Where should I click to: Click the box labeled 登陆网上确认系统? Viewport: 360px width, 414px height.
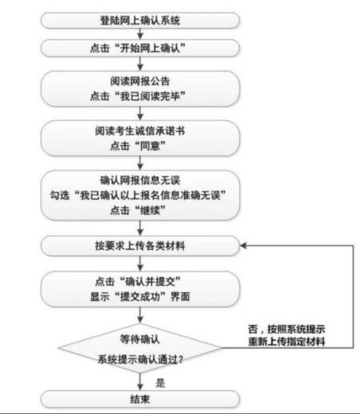(x=140, y=20)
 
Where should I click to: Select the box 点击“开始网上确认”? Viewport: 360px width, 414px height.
(x=140, y=48)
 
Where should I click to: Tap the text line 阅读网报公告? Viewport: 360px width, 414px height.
(x=140, y=81)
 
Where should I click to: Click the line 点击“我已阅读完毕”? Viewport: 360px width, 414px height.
(x=138, y=96)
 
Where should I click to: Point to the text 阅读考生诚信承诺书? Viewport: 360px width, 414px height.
(x=140, y=131)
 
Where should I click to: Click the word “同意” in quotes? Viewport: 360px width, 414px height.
(x=150, y=145)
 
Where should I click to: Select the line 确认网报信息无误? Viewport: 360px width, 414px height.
(x=140, y=180)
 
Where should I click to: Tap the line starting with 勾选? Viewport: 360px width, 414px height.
(x=138, y=195)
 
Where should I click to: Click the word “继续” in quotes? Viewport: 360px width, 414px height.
(x=150, y=210)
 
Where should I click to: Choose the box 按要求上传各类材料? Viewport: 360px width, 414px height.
(x=140, y=246)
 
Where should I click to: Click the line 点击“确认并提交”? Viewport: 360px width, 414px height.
(x=138, y=281)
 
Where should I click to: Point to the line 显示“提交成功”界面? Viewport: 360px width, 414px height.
(x=140, y=296)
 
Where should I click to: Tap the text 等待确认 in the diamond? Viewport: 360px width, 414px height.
(x=140, y=339)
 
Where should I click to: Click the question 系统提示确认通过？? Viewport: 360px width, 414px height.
(x=141, y=359)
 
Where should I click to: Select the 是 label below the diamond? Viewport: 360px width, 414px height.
(x=160, y=383)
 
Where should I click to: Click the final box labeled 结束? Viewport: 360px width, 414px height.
(x=140, y=399)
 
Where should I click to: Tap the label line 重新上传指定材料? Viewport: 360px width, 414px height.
(x=287, y=342)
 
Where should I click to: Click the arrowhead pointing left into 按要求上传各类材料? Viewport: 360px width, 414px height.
(x=243, y=246)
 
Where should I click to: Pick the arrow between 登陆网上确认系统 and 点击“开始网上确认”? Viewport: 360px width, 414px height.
(x=140, y=34)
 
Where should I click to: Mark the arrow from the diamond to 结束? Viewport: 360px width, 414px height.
(x=140, y=382)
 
